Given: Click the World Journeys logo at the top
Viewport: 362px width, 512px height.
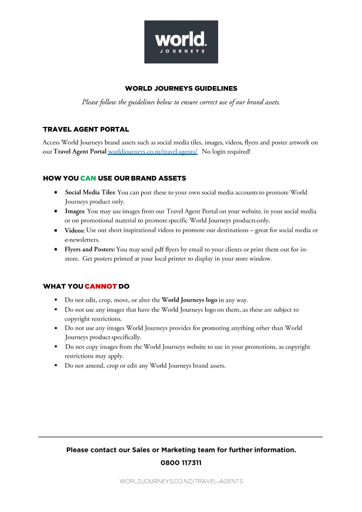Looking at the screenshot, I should tap(181, 42).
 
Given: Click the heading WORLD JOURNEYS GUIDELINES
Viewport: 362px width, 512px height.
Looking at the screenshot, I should tap(181, 88).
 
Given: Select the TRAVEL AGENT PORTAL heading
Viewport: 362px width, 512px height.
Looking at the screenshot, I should tap(86, 130).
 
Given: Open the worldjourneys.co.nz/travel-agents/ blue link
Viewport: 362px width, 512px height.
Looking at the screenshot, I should tap(152, 152).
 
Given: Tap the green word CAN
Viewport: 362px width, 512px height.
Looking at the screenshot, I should tap(88, 178).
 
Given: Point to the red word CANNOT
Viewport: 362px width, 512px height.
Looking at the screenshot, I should tap(101, 286).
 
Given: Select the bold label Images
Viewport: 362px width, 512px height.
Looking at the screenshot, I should tap(74, 211).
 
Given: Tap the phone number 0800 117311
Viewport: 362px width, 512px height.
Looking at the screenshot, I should tap(181, 463).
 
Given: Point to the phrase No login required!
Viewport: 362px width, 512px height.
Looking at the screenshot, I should tap(226, 152).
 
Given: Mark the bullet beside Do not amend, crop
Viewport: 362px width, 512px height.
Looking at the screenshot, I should tap(57, 366).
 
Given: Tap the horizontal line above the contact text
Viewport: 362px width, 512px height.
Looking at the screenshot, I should tap(181, 437).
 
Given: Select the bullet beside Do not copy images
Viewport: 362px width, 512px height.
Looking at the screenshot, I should tap(57, 347).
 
